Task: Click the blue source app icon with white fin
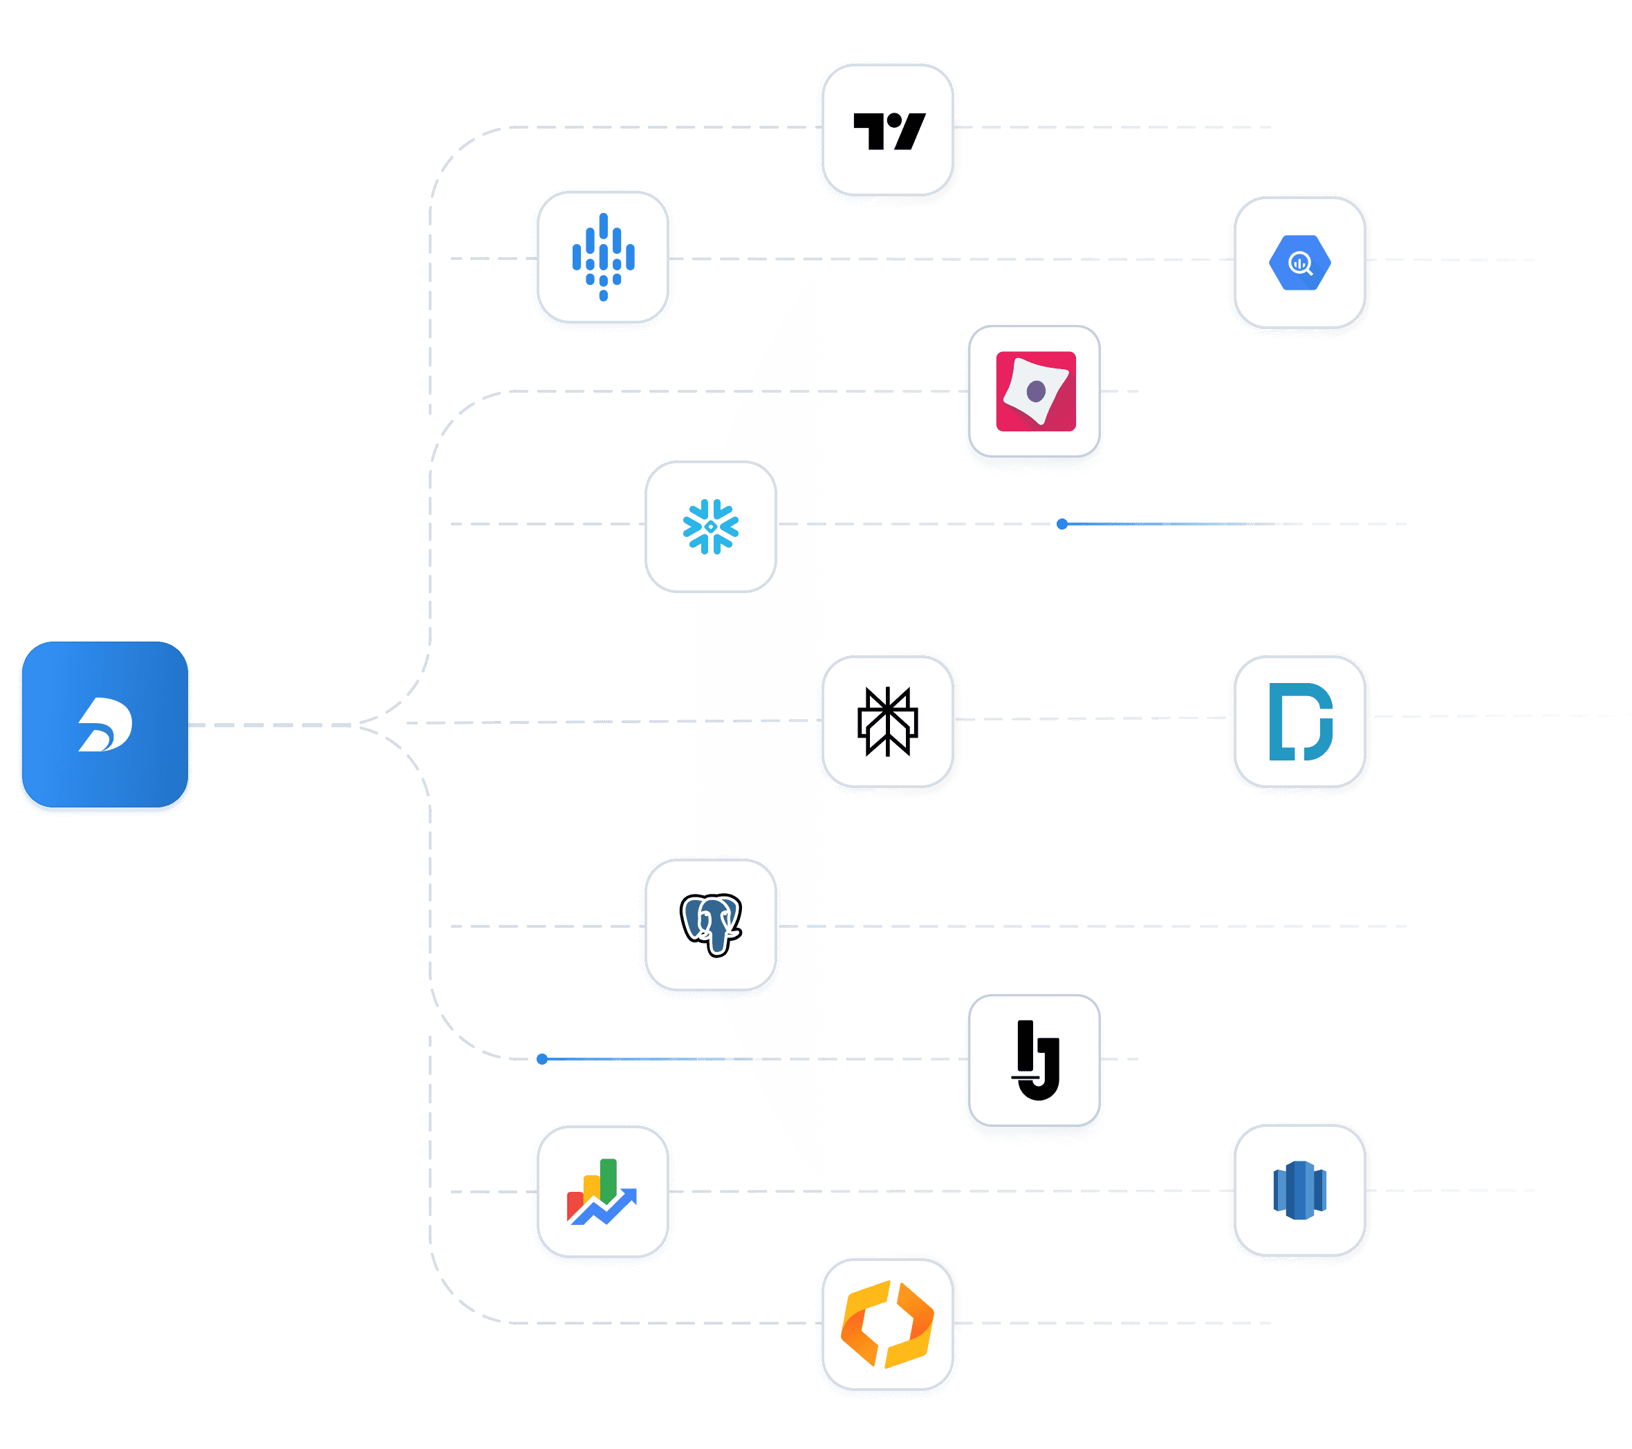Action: pos(105,725)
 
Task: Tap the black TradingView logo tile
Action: pos(888,130)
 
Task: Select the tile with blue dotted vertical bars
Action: pos(603,257)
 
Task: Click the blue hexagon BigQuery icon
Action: pos(1299,263)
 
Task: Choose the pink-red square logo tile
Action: pos(1035,391)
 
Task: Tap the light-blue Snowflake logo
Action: pos(711,526)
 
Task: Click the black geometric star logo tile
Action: pos(887,721)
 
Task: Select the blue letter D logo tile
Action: pos(1300,722)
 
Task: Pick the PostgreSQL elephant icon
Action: pos(711,924)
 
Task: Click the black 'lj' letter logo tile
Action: pos(1035,1060)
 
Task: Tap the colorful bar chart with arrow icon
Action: pos(602,1191)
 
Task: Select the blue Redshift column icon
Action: pos(1299,1190)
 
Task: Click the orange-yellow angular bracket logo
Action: pos(887,1324)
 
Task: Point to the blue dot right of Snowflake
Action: pos(1062,524)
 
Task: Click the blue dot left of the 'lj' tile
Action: pos(542,1058)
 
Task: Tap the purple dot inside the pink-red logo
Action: pos(1037,391)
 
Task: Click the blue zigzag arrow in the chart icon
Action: pos(606,1210)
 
